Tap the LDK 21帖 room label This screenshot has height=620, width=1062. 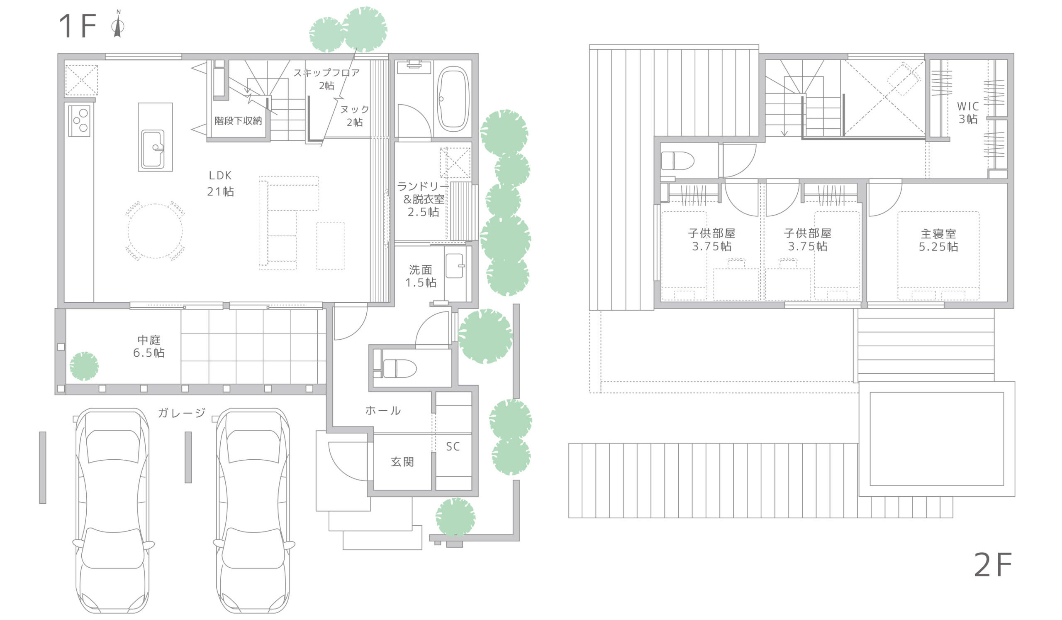[x=220, y=184]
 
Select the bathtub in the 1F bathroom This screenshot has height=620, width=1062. [x=453, y=99]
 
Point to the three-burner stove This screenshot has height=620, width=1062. [x=79, y=120]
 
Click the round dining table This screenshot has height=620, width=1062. [x=155, y=231]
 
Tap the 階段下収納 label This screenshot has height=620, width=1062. [x=238, y=121]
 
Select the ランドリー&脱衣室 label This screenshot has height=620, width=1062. [x=423, y=199]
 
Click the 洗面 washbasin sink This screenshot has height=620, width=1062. [x=455, y=266]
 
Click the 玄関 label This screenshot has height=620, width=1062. [x=402, y=462]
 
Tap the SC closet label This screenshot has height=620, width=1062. [x=453, y=447]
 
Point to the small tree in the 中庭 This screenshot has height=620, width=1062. [x=84, y=366]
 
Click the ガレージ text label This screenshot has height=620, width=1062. [x=182, y=412]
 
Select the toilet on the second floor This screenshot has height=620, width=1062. [x=677, y=161]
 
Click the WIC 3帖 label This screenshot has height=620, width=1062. [x=967, y=113]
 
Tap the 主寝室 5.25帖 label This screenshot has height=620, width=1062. [x=938, y=240]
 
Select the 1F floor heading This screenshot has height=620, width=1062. [x=78, y=26]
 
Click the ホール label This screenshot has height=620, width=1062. [x=382, y=410]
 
